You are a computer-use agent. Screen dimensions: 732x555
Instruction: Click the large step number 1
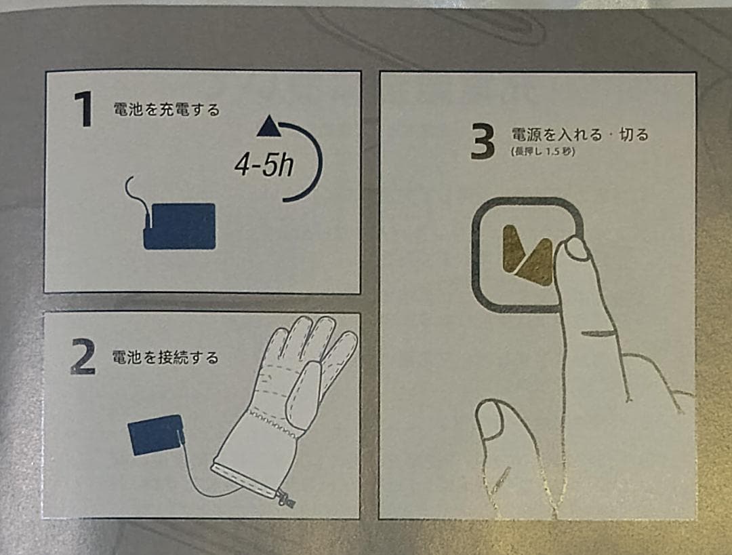pos(85,109)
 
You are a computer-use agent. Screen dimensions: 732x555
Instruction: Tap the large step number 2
pos(83,356)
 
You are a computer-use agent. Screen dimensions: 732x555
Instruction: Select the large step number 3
pos(483,142)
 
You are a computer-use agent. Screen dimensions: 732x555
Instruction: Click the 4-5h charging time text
pos(264,166)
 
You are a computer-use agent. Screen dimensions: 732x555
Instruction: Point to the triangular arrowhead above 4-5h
pos(269,127)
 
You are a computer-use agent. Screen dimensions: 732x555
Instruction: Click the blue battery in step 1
pos(180,226)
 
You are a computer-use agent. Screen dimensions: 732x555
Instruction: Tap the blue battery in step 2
pos(155,434)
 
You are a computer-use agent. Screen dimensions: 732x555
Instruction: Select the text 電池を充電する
pos(167,110)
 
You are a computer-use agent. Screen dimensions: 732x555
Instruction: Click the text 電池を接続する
pos(165,358)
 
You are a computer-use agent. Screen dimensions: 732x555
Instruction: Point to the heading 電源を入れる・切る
pos(579,134)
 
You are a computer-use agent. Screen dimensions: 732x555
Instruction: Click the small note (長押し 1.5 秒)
pos(543,152)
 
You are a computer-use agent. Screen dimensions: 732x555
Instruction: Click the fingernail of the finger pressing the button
pos(577,249)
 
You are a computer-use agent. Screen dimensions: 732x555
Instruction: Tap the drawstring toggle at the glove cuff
pos(285,498)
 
